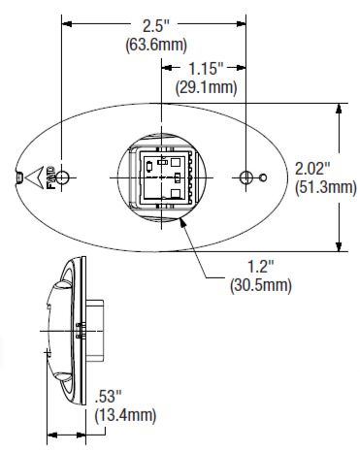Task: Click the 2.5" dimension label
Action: (156, 26)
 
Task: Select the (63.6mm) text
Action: (156, 45)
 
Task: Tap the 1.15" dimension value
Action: (206, 68)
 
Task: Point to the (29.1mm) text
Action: (206, 87)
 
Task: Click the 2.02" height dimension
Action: (312, 168)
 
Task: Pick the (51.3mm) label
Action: (326, 187)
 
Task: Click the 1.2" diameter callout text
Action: (261, 266)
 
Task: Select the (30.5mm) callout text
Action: (261, 285)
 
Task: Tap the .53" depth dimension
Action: (108, 397)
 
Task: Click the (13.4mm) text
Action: (125, 415)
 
